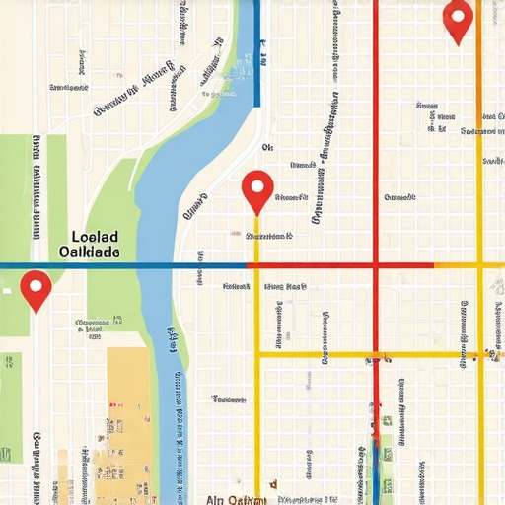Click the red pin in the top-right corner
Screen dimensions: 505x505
[x=458, y=20]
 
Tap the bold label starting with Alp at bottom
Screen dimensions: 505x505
[x=236, y=499]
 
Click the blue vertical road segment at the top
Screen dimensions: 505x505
[x=257, y=49]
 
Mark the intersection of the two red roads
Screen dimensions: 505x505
[x=376, y=265]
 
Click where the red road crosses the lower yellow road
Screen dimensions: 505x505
[x=376, y=354]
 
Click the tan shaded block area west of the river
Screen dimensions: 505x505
[x=128, y=414]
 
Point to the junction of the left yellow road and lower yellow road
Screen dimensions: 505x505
[x=257, y=354]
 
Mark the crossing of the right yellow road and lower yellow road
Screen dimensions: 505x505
[x=480, y=354]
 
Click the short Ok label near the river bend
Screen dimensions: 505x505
[x=266, y=147]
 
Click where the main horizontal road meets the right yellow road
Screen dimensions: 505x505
[x=480, y=265]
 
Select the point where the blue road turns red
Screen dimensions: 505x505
[x=247, y=265]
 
